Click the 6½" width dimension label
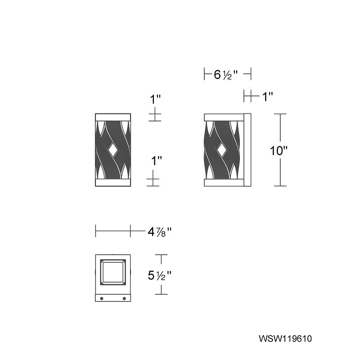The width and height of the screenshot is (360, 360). pyautogui.click(x=225, y=75)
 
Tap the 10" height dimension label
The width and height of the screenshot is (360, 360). pyautogui.click(x=279, y=151)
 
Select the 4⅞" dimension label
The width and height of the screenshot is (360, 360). pyautogui.click(x=159, y=232)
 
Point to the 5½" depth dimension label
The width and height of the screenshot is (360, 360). pyautogui.click(x=159, y=275)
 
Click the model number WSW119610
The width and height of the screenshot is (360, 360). pyautogui.click(x=285, y=339)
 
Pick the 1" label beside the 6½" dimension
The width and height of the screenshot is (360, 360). pyautogui.click(x=267, y=97)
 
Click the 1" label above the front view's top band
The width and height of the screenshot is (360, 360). pyautogui.click(x=155, y=99)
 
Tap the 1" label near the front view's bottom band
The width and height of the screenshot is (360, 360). pyautogui.click(x=156, y=161)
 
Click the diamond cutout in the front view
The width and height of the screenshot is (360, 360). pyautogui.click(x=113, y=150)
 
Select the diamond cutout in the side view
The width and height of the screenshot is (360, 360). pyautogui.click(x=221, y=150)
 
